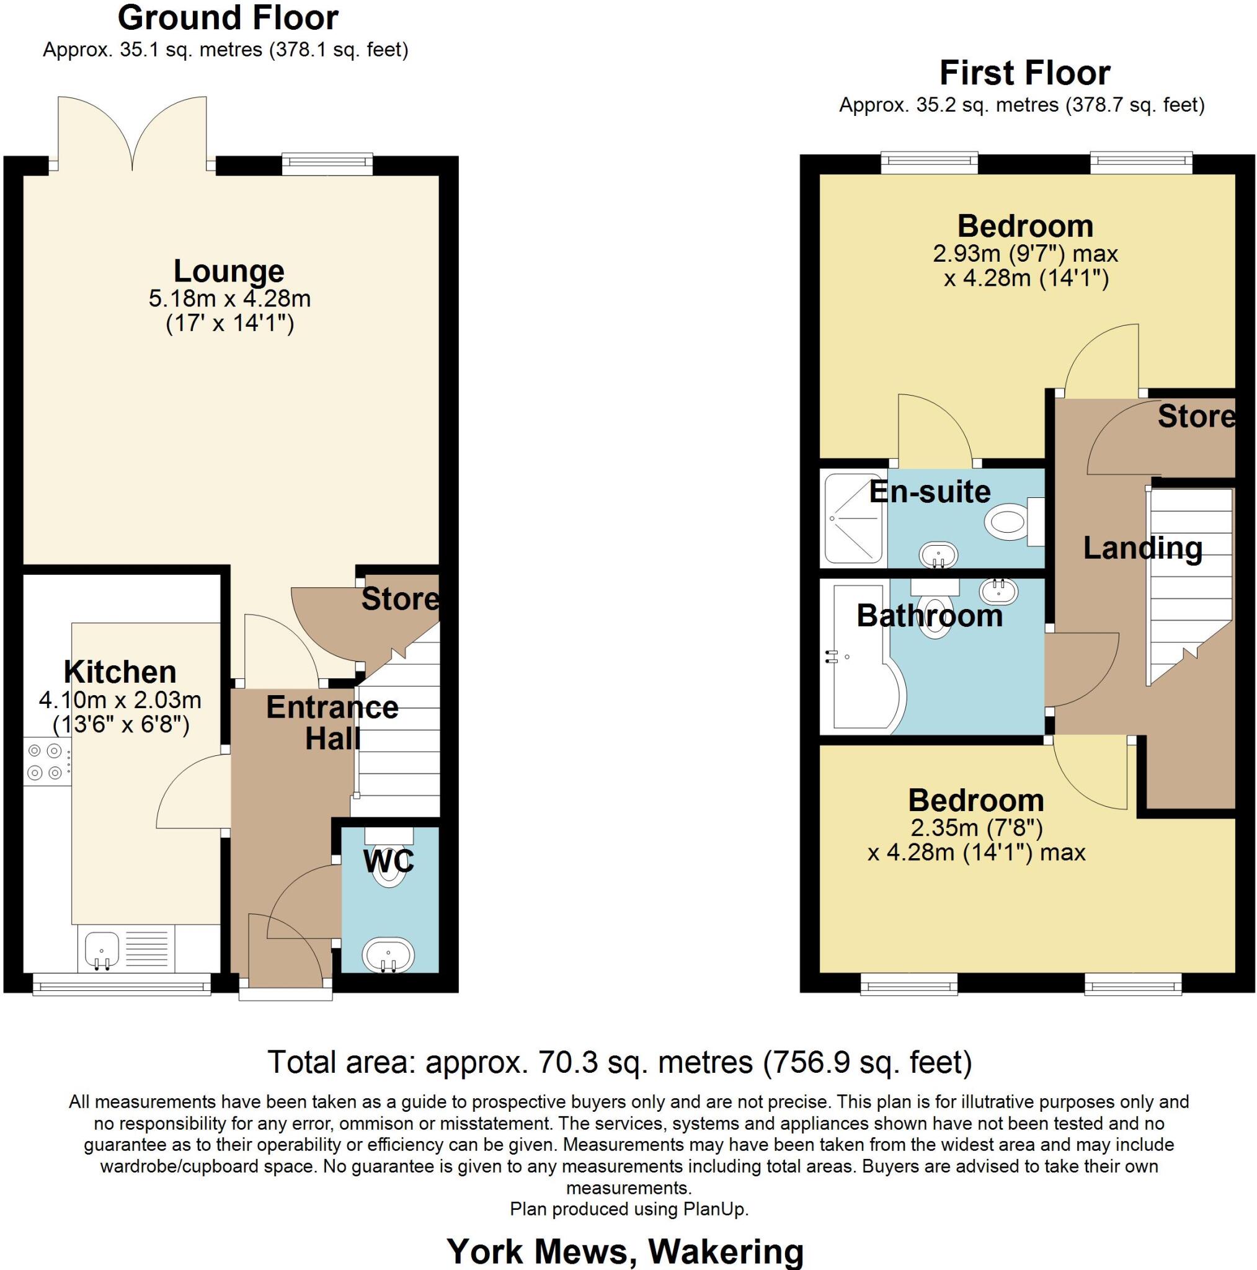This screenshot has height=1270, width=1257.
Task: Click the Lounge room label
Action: point(228,271)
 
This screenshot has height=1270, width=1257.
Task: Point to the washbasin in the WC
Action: point(388,954)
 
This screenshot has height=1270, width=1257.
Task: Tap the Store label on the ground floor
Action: point(400,599)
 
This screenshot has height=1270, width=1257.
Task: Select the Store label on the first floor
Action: point(1196,416)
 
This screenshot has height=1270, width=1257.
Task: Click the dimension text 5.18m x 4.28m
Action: point(229,298)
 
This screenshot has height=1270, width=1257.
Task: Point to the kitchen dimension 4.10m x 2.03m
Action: point(120,699)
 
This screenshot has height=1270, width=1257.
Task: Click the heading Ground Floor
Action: point(228,18)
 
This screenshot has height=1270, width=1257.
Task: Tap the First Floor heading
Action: point(1024,73)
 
